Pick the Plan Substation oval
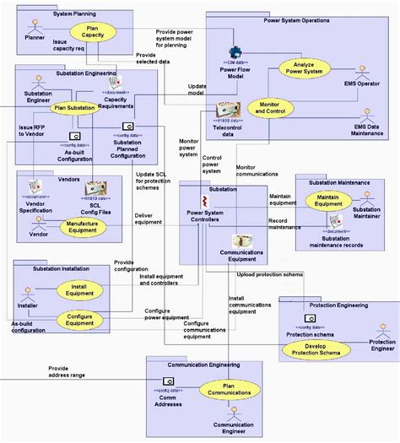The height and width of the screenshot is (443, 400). (75, 108)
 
